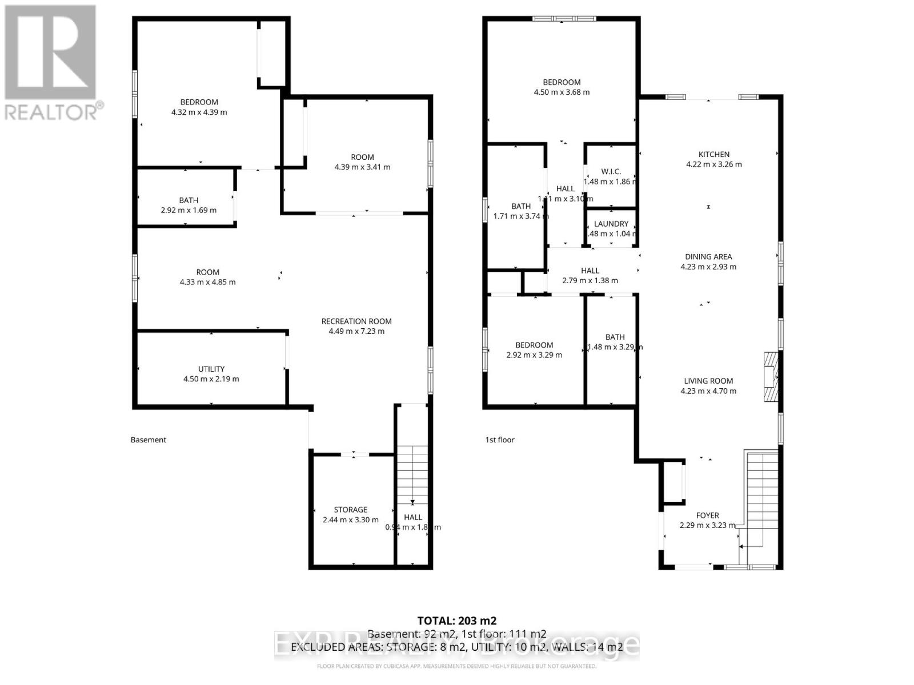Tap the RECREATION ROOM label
(356, 321)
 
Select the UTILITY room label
(211, 369)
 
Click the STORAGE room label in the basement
(351, 510)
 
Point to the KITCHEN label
(714, 154)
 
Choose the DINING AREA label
(708, 257)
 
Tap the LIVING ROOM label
(708, 381)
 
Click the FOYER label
(707, 515)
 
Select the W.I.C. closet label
(611, 172)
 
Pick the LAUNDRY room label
(611, 224)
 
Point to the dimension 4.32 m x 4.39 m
(199, 112)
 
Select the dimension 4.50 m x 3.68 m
(562, 92)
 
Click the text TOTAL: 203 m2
(457, 620)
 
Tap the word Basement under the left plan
(149, 440)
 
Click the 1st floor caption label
(500, 440)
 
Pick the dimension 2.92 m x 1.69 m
(189, 210)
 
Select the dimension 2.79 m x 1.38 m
(590, 280)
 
